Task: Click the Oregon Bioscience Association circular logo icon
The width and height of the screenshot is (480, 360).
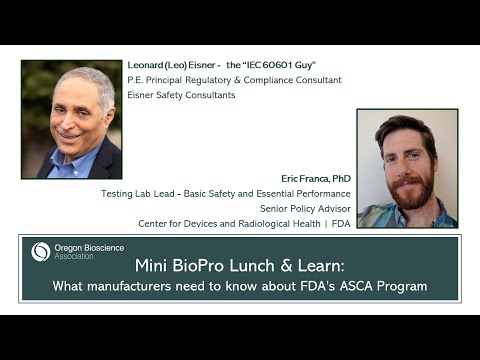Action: point(40,251)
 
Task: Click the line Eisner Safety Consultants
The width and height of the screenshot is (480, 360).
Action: point(181,96)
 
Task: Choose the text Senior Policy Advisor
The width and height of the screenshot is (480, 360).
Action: point(304,207)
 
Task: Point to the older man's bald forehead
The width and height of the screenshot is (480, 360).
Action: point(82,86)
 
